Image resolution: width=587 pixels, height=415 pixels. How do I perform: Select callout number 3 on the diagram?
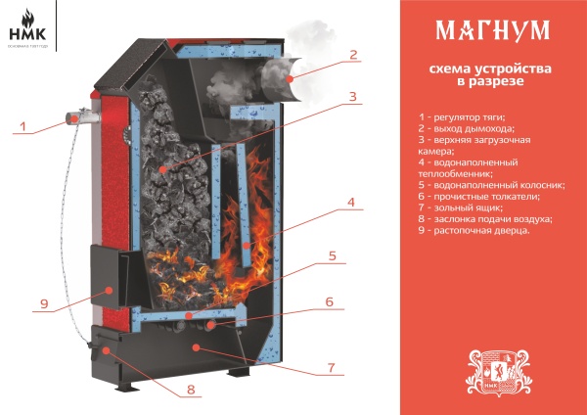pos(354,96)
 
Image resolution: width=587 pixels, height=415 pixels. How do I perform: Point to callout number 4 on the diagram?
pos(350,204)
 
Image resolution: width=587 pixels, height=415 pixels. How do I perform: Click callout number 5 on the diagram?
pos(333,256)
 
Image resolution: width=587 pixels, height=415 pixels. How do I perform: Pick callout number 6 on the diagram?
pos(330,302)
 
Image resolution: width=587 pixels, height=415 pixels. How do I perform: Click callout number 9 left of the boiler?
pos(43,303)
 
